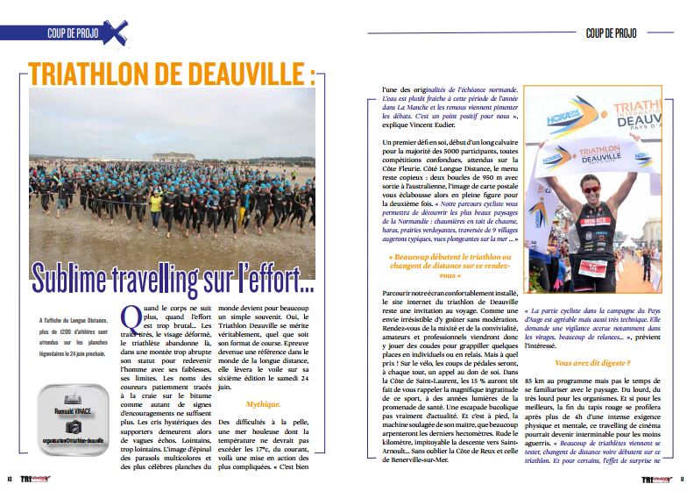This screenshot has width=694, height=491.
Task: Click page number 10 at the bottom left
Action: point(10,480)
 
